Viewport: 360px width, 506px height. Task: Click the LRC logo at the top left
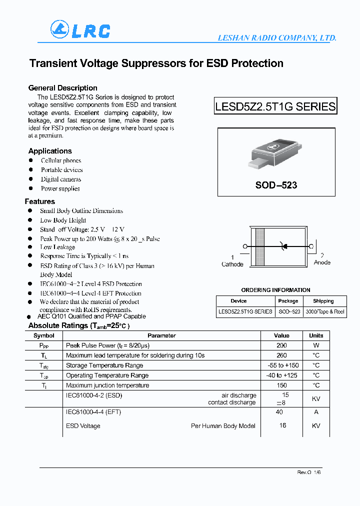(80, 30)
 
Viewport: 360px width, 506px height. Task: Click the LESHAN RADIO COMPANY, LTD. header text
(276, 38)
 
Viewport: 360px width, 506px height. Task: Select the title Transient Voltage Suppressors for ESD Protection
(156, 63)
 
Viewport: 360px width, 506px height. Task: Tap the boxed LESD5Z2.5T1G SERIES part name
(275, 106)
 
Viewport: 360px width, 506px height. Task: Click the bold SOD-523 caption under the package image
(276, 185)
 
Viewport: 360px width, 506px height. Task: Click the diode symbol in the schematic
(284, 246)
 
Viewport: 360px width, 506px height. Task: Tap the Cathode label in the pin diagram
(232, 264)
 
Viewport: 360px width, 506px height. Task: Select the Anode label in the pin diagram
(322, 262)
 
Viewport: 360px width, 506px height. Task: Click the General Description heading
(62, 88)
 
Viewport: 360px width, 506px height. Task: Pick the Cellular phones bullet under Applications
(61, 160)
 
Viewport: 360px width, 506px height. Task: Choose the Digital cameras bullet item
(61, 179)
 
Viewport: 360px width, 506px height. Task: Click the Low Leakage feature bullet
(57, 247)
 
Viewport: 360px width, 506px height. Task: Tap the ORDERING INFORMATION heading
(275, 290)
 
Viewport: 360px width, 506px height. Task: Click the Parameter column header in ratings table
(161, 335)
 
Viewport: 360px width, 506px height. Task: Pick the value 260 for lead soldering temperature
(281, 355)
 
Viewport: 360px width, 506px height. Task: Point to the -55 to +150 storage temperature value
(281, 365)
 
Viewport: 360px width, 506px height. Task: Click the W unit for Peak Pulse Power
(316, 345)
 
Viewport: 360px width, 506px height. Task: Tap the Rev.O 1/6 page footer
(308, 472)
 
